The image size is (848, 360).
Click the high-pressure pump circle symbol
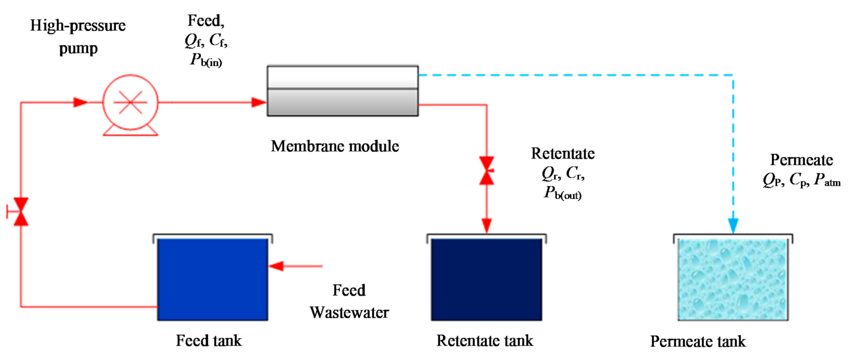pos(130,102)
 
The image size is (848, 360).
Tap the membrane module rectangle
pos(342,91)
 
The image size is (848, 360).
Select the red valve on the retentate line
pos(486,171)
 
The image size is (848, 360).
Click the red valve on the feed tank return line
pos(21,211)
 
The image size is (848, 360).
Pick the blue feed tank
pos(212,279)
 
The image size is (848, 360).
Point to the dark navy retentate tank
pos(486,279)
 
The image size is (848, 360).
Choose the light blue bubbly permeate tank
pos(733,279)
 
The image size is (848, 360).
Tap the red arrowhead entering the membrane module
pos(259,103)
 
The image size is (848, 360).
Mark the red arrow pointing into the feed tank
pos(277,266)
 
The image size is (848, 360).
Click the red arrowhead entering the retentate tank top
pos(486,226)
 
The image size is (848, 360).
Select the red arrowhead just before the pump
pos(81,103)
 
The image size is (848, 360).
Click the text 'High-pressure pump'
pos(78,36)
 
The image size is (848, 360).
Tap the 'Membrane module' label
pos(335,147)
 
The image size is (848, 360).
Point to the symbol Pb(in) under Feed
pos(206,60)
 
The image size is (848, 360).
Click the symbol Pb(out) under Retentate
pos(562,193)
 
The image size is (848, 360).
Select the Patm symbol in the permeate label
pos(827,180)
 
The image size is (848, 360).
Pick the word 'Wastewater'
pos(349,313)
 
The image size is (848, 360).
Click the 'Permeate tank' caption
pos(698,341)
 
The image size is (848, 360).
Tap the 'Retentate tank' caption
pos(484,341)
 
